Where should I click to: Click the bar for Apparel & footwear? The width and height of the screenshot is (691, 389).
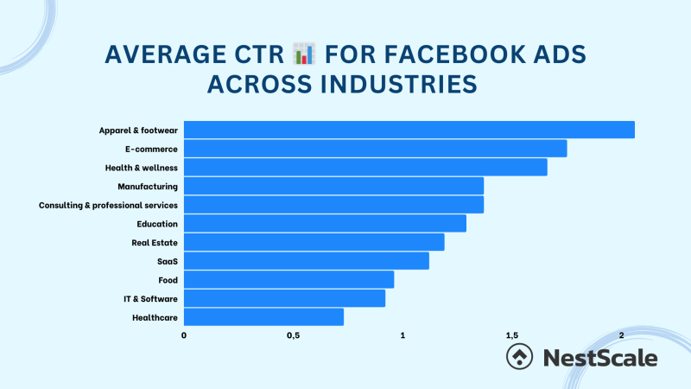pos(409,130)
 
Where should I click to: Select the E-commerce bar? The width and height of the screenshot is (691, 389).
pos(376,149)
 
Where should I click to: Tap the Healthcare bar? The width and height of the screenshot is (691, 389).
pos(263,317)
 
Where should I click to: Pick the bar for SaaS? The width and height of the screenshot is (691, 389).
pos(307,261)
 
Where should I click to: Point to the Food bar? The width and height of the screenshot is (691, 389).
pos(288,280)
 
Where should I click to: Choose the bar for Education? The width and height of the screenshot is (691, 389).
pos(325,224)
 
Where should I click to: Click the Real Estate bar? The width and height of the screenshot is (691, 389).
pos(314,243)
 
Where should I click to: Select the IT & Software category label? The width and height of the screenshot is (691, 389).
pos(150,299)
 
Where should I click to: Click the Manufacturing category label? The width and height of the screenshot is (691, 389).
pos(148,187)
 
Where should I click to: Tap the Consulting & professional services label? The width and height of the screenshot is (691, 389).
pos(109,206)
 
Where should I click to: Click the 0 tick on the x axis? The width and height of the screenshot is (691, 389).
pos(184,335)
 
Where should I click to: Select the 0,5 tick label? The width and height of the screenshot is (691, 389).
pos(293,335)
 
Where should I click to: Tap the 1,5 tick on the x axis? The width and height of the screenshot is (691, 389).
pos(512,335)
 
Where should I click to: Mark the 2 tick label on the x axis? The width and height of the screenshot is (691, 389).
pos(622,335)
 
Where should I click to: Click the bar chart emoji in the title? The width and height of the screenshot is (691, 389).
pos(304,56)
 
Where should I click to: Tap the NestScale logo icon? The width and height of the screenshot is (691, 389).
pos(518,357)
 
